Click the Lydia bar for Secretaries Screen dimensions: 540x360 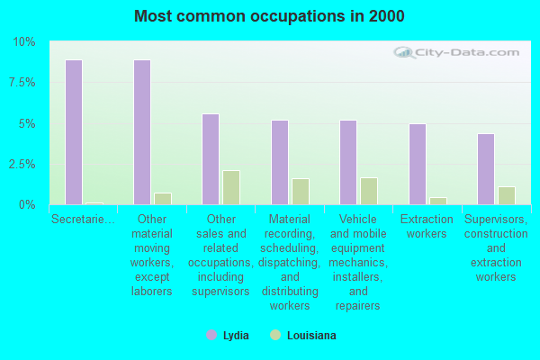[x=74, y=132]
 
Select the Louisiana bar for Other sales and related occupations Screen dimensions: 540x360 [x=231, y=188]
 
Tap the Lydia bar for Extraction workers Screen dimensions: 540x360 [x=418, y=165]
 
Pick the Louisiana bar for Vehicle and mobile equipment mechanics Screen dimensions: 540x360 [x=369, y=191]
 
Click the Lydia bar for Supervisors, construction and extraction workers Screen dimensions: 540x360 [x=486, y=169]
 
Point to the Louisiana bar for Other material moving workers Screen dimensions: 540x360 [x=163, y=199]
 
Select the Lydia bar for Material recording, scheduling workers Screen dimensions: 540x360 [x=280, y=163]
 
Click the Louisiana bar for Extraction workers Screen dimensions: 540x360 [x=438, y=202]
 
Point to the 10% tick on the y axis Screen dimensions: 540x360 [x=24, y=42]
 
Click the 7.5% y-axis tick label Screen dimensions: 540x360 [x=22, y=83]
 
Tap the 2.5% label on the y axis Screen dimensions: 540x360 [x=22, y=165]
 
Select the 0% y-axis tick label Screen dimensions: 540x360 [x=27, y=205]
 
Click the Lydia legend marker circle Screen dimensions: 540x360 [x=211, y=335]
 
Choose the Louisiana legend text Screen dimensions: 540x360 [x=311, y=336]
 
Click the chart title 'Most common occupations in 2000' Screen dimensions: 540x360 [x=269, y=16]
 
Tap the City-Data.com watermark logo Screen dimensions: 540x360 [x=456, y=53]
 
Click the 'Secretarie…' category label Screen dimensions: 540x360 [x=83, y=219]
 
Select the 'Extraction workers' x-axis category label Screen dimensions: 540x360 [x=427, y=226]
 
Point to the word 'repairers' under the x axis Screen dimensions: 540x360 [x=358, y=306]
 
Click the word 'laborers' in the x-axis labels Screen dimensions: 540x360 [x=152, y=292]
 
